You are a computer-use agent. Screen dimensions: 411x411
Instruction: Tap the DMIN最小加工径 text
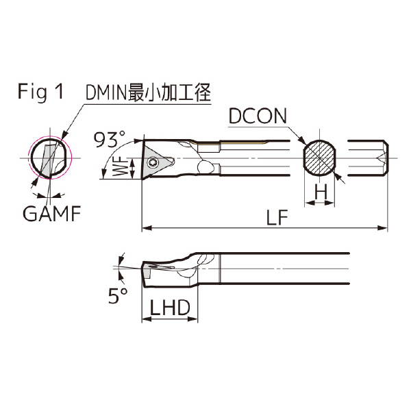[x=146, y=92]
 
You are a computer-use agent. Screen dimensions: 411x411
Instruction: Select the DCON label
[x=259, y=116]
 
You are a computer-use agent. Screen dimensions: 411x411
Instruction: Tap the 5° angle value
[x=117, y=296]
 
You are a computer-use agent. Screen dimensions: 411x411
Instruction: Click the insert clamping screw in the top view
[x=154, y=162]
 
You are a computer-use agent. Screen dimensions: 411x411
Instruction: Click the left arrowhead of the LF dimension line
[x=145, y=227]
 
